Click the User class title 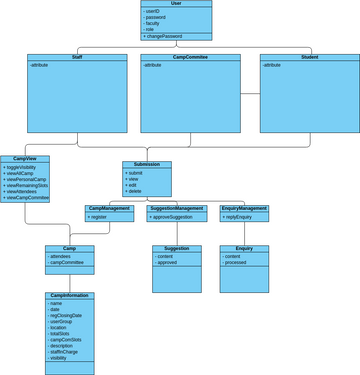(177, 4)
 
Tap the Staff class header (77, 58)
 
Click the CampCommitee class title (190, 58)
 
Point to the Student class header (308, 58)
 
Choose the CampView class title (25, 158)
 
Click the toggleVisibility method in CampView (24, 167)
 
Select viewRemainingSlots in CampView (28, 185)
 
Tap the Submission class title (147, 165)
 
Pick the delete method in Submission (135, 191)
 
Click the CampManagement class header (109, 208)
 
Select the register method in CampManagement (100, 217)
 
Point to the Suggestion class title (176, 248)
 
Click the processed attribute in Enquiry (235, 263)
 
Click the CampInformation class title (69, 296)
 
